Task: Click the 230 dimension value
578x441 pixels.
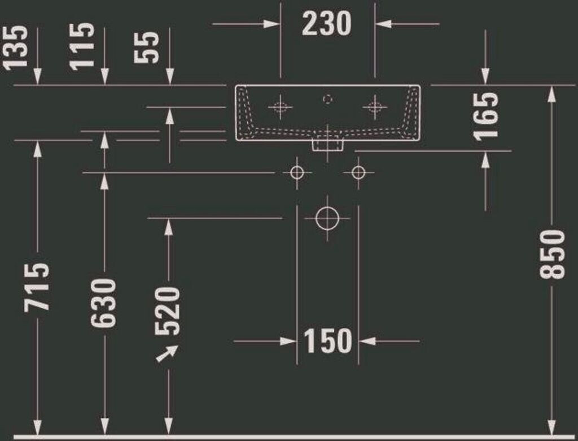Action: (x=327, y=24)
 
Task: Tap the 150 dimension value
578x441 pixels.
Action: (x=327, y=341)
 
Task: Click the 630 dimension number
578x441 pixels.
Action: (x=104, y=302)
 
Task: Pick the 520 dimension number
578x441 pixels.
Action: (x=168, y=311)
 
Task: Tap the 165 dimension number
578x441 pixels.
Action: (x=486, y=116)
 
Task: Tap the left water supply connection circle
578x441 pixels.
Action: (x=297, y=172)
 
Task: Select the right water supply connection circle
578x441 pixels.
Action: (x=358, y=172)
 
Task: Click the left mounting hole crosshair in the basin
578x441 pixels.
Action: (x=280, y=106)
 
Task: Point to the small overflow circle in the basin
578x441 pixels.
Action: (x=327, y=98)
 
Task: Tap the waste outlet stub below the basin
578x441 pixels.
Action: (x=328, y=145)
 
